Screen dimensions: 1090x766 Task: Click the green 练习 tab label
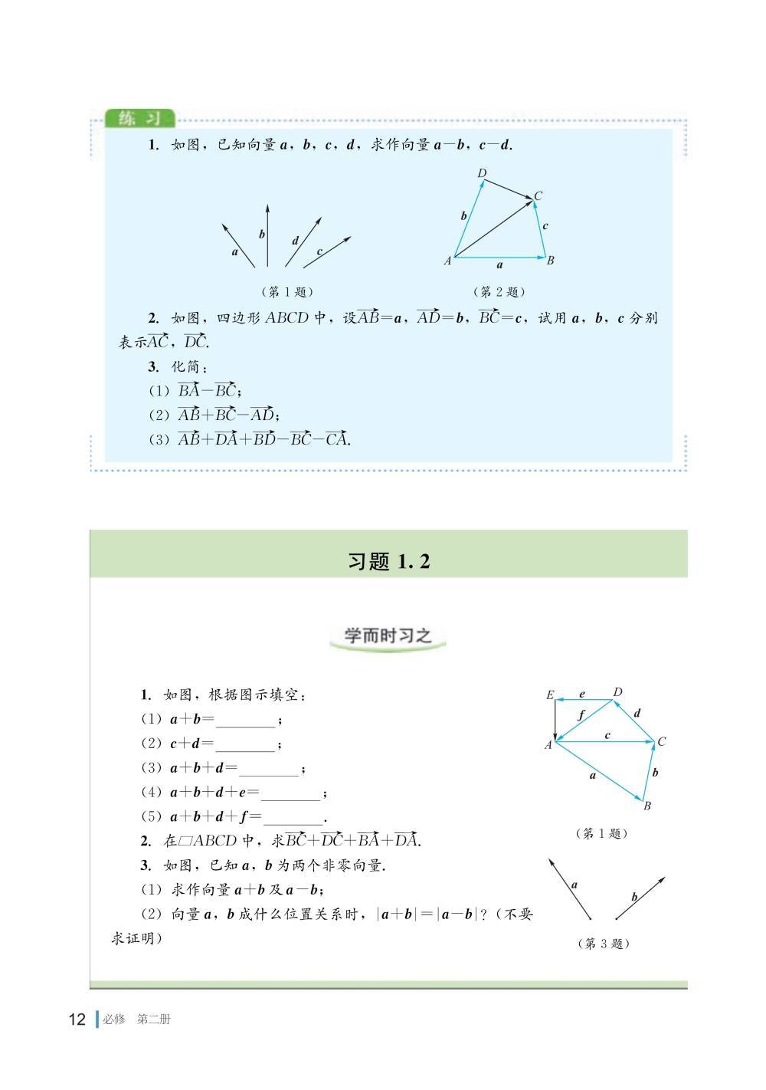pos(138,119)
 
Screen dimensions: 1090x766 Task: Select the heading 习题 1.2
pos(388,561)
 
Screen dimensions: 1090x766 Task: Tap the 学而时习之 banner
pos(388,635)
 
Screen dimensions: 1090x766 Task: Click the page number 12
pos(77,1019)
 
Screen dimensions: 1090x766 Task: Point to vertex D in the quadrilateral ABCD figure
pos(482,174)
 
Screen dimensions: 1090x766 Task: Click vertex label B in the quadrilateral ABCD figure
pos(550,260)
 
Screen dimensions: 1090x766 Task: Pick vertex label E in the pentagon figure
pos(549,695)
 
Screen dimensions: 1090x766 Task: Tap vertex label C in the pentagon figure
pos(662,741)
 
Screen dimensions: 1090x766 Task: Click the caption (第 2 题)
pos(499,291)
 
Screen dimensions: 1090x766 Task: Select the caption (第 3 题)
pos(603,944)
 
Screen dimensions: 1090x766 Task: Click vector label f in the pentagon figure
pos(581,715)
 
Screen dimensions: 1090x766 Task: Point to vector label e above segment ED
pos(582,694)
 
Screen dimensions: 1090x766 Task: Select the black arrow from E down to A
pos(555,718)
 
